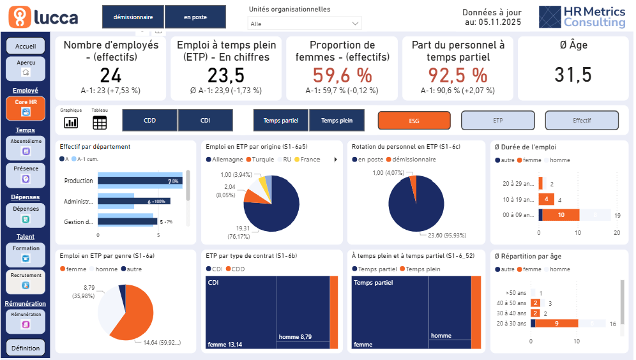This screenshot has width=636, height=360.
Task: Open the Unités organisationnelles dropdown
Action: click(x=305, y=24)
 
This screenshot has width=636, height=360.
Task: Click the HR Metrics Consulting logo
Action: click(x=582, y=17)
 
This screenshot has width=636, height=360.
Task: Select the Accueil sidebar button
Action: click(x=26, y=47)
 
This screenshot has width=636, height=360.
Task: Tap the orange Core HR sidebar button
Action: click(x=26, y=108)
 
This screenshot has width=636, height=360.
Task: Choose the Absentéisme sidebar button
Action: click(x=26, y=147)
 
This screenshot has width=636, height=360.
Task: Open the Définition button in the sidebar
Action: click(x=26, y=348)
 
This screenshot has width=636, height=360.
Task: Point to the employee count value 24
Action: click(x=110, y=75)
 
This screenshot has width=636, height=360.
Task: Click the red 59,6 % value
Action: click(x=342, y=75)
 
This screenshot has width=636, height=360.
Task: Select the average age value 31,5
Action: click(x=573, y=75)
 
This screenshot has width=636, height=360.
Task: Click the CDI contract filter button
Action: click(x=206, y=120)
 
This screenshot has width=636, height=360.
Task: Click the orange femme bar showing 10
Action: click(x=561, y=215)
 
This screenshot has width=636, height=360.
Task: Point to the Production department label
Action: click(x=79, y=181)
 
